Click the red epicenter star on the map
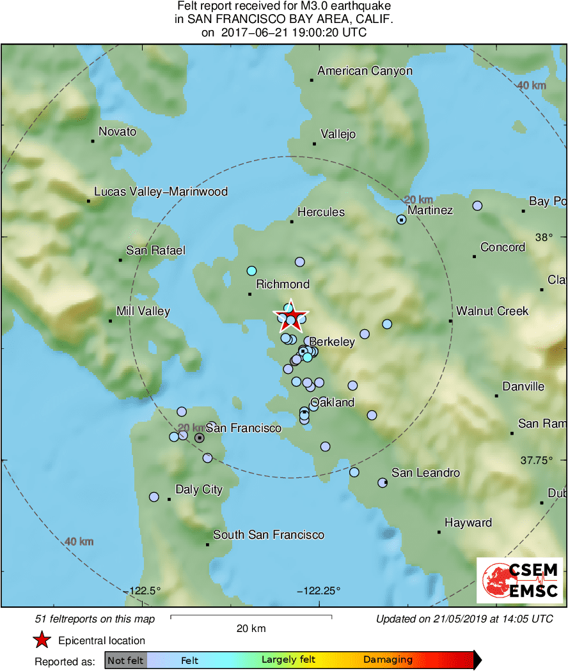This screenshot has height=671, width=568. tap(290, 315)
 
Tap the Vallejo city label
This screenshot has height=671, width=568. tap(338, 134)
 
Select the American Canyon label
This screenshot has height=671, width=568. tap(365, 71)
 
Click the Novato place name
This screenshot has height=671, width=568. tap(117, 132)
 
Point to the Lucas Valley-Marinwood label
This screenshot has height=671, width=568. tap(161, 191)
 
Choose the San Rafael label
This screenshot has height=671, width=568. tap(155, 250)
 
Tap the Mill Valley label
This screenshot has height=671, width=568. tap(143, 311)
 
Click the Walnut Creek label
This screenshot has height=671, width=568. tap(492, 311)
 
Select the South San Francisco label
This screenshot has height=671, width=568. tap(268, 535)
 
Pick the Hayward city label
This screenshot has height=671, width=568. tap(468, 523)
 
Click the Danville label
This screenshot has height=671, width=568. tap(523, 386)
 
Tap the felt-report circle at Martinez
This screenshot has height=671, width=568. tap(402, 220)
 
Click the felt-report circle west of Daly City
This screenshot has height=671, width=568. tap(154, 497)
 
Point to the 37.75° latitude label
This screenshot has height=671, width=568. tap(537, 459)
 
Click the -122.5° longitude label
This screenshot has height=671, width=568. tap(145, 590)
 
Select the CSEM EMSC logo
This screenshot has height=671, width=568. tap(519, 580)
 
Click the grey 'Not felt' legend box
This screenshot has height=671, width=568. tap(126, 660)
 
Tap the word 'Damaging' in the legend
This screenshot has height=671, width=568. tap(388, 660)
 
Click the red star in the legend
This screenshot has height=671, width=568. tap(42, 640)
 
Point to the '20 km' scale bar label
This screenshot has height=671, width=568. tap(251, 628)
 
